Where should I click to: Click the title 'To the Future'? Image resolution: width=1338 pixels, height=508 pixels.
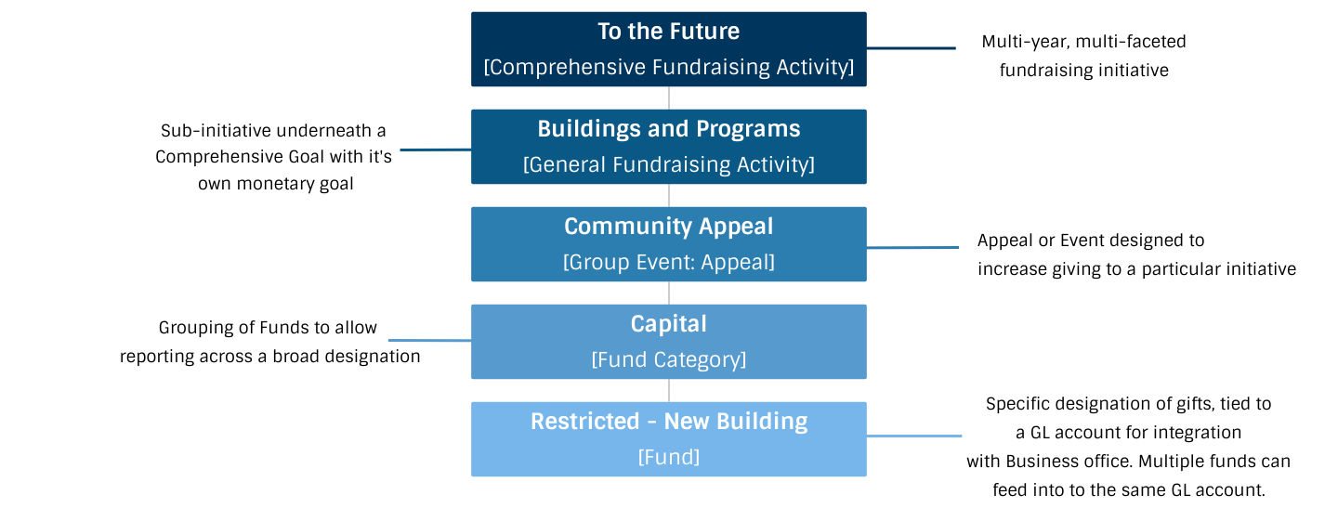(x=668, y=32)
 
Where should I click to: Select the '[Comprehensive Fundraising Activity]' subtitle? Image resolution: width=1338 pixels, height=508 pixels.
(x=668, y=67)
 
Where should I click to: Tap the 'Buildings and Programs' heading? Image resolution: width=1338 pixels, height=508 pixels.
(x=668, y=129)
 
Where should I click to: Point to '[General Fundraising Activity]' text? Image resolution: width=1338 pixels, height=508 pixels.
(x=668, y=164)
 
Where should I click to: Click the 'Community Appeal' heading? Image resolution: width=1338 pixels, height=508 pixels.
(x=668, y=227)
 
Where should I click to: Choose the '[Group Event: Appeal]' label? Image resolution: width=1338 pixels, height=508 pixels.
(x=668, y=262)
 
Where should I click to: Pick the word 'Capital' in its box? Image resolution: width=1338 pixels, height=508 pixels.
(x=668, y=324)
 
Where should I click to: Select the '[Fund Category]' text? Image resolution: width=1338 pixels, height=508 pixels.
(x=668, y=359)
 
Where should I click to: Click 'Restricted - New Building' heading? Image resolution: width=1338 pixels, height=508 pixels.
(x=668, y=422)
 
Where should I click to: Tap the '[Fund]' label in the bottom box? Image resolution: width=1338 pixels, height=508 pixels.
(x=668, y=457)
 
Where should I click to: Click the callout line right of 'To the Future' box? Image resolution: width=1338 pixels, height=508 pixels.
(x=911, y=48)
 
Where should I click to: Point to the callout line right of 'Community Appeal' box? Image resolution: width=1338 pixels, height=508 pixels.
(x=912, y=247)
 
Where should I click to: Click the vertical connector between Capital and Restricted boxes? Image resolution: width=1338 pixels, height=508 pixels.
(x=669, y=390)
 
